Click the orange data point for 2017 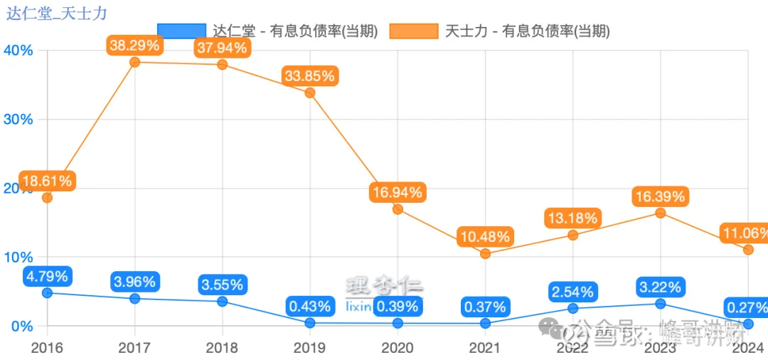coord(134,62)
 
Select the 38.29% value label coord(135,46)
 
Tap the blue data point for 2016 coord(47,292)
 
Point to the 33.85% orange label coord(309,76)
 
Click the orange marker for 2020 coord(398,209)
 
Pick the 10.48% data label coord(485,236)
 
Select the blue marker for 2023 coord(661,304)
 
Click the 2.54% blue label coord(572,291)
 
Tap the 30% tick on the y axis coord(18,120)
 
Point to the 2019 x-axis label coord(309,348)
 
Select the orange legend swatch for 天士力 coord(414,31)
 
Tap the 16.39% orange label coord(661,196)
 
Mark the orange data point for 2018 coord(222,65)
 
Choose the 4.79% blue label coord(47,276)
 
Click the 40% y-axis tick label coord(18,51)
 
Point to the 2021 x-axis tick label coord(485,348)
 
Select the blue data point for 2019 coord(309,323)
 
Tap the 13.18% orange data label coord(572,218)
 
